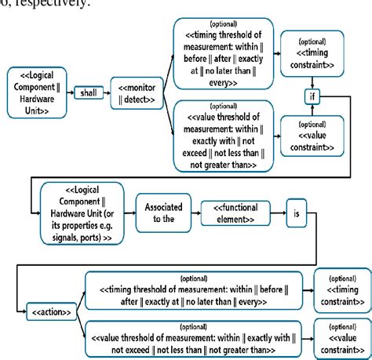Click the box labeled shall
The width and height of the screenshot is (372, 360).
86,93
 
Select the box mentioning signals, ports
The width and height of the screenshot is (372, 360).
75,212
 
